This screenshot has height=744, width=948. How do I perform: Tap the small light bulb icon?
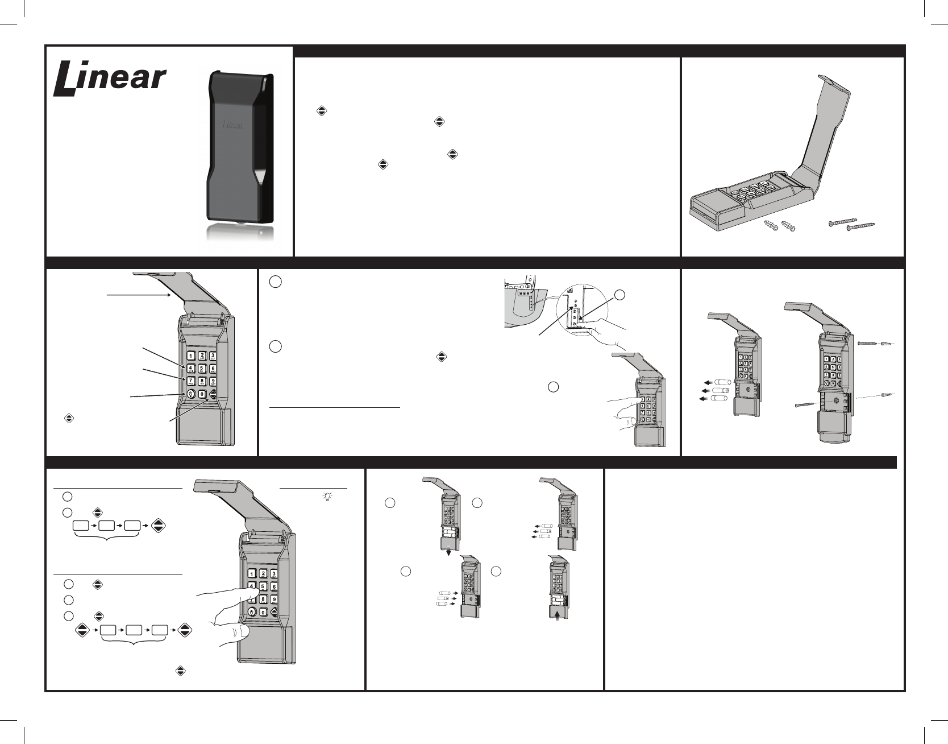click(x=327, y=496)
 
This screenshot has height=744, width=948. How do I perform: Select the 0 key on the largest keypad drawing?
click(x=263, y=612)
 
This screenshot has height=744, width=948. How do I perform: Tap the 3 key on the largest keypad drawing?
click(x=274, y=574)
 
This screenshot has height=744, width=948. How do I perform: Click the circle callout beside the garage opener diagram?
click(x=621, y=295)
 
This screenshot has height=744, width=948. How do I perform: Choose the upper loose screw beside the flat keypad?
click(x=843, y=221)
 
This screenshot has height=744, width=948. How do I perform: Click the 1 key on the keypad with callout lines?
click(x=190, y=357)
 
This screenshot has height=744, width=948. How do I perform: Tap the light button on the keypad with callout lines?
click(x=190, y=394)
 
